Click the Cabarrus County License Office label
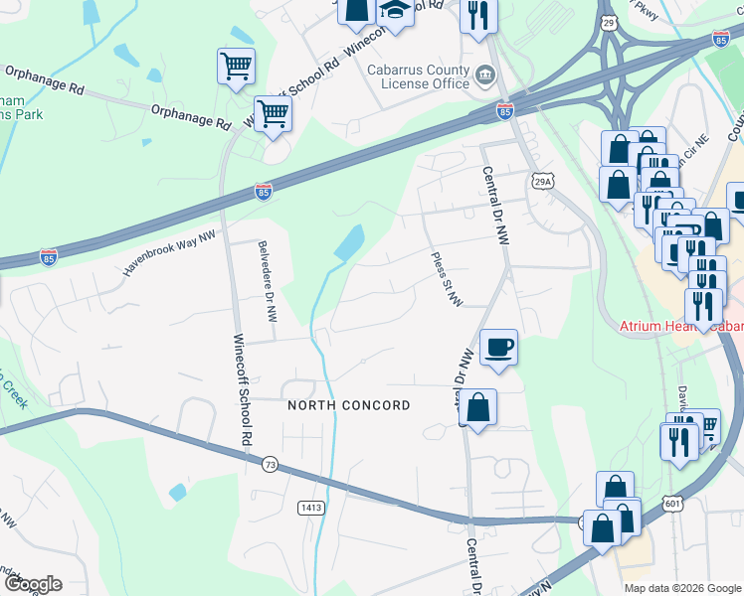tap(418, 76)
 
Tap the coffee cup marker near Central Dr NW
tap(498, 349)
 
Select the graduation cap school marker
tap(395, 12)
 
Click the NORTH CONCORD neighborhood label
tap(348, 405)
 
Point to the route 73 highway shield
tap(270, 464)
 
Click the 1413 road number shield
tap(310, 508)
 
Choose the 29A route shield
tap(541, 182)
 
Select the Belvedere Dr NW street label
tap(266, 281)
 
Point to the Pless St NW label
tap(446, 279)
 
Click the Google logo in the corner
tap(32, 584)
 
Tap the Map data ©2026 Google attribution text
tap(682, 588)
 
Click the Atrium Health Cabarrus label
tap(681, 326)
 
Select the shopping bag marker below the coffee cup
tap(477, 407)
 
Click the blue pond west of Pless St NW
tap(349, 242)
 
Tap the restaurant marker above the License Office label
tap(478, 16)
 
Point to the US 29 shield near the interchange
tap(609, 21)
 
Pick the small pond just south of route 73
tap(177, 492)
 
